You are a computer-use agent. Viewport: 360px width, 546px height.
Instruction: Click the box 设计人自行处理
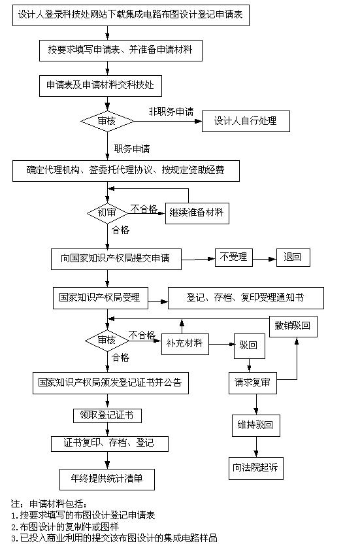pos(246,121)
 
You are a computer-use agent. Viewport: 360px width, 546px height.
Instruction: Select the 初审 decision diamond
pos(107,213)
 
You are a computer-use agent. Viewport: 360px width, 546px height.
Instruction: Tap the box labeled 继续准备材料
pos(197,213)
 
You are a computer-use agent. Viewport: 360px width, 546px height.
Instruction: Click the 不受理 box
pos(234,258)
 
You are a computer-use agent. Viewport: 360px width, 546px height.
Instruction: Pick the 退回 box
pos(293,258)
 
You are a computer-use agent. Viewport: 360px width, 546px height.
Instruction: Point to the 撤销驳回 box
pos(293,326)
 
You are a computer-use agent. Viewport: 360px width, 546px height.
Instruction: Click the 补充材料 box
pos(185,344)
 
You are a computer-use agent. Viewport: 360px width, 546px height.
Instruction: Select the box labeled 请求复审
pos(252,383)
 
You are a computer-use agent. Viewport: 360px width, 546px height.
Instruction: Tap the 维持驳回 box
pos(256,426)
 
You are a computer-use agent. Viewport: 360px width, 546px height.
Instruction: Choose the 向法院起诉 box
pos(255,468)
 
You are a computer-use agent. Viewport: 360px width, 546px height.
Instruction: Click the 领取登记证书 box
pos(108,416)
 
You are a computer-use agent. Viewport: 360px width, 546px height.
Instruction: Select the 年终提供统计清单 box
pos(107,479)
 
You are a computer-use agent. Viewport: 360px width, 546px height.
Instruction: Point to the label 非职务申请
pos(171,111)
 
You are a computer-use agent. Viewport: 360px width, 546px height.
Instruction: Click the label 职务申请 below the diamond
pos(132,149)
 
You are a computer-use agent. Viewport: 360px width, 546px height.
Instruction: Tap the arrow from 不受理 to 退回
pos(265,259)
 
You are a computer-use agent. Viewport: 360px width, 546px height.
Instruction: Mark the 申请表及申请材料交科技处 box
pos(101,86)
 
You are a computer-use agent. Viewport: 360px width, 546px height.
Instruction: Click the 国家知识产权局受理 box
pos(101,298)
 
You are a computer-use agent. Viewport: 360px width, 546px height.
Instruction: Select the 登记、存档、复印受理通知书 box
pos(246,298)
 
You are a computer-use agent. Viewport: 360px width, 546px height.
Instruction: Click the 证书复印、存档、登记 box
pos(110,443)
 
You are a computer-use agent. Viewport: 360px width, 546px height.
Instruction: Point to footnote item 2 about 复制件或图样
pos(65,527)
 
